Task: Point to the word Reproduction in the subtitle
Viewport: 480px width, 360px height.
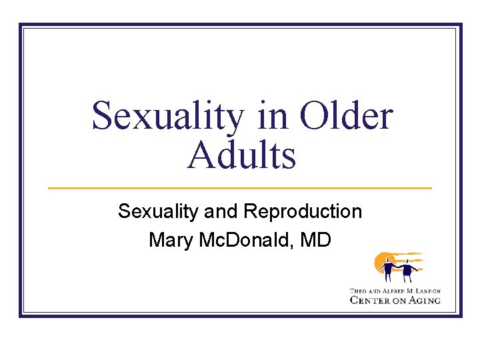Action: click(x=303, y=212)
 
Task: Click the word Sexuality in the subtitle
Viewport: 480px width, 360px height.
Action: click(x=157, y=212)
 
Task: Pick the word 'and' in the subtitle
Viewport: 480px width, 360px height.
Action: click(x=222, y=212)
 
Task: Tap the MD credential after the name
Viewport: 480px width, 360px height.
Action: click(x=315, y=239)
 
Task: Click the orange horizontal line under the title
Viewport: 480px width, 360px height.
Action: click(x=240, y=188)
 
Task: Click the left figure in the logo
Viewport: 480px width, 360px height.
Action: click(x=387, y=269)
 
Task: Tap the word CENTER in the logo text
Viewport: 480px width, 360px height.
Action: click(x=371, y=300)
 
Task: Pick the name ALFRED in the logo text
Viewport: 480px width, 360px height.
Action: click(x=391, y=291)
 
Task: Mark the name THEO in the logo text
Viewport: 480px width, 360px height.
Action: click(x=357, y=291)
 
